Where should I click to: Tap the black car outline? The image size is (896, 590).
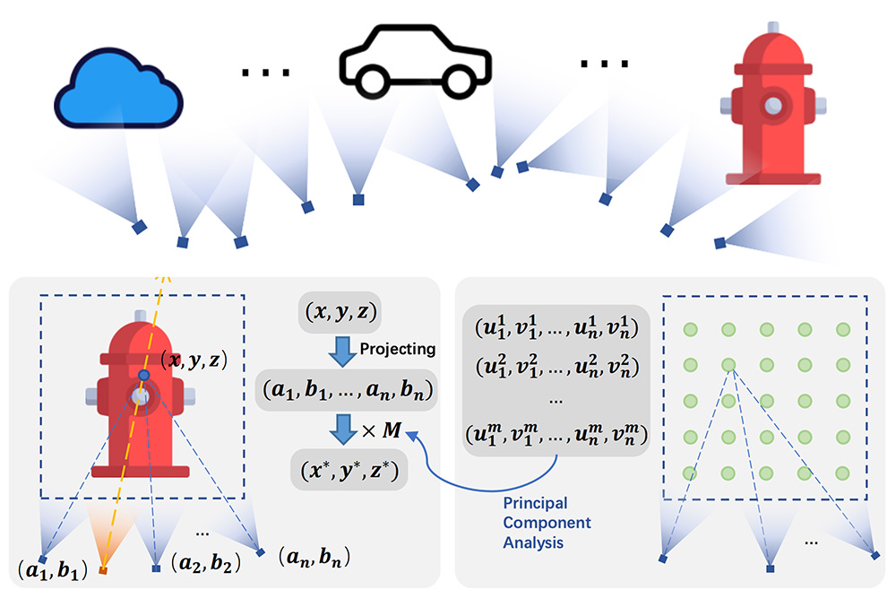pyautogui.click(x=415, y=64)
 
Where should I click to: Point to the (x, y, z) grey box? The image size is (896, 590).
pyautogui.click(x=339, y=313)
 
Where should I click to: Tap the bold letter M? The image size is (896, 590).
pyautogui.click(x=392, y=431)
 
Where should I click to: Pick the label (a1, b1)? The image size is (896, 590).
pyautogui.click(x=50, y=568)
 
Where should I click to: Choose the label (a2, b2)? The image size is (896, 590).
pyautogui.click(x=205, y=564)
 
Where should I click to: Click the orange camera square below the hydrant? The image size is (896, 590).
pyautogui.click(x=103, y=570)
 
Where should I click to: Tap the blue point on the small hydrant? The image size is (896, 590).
pyautogui.click(x=143, y=374)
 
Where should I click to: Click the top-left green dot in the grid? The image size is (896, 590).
pyautogui.click(x=690, y=330)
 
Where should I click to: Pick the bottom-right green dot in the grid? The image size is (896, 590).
pyautogui.click(x=842, y=473)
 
